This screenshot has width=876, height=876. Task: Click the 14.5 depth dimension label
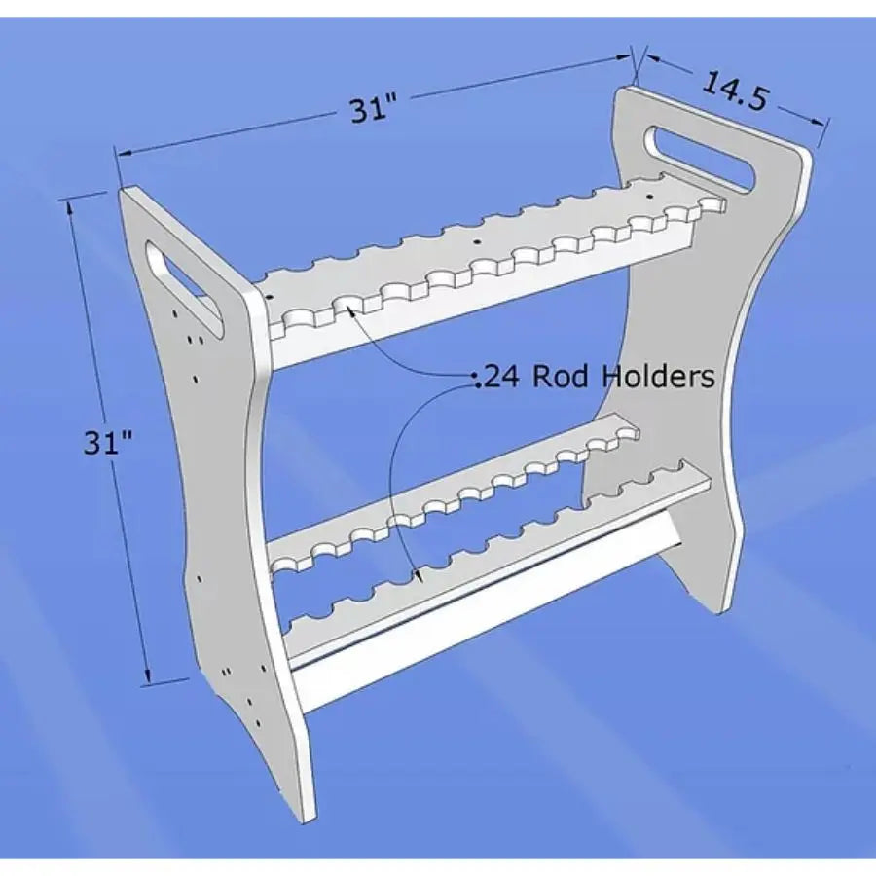[734, 91]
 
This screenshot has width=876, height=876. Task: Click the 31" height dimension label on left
[108, 443]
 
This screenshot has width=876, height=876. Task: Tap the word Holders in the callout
[658, 376]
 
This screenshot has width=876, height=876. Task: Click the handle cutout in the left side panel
[184, 289]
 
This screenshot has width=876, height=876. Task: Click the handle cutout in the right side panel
[701, 161]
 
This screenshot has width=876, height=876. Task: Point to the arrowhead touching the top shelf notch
[352, 311]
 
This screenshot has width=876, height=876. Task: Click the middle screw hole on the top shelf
[477, 241]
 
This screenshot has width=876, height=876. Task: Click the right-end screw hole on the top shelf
[650, 197]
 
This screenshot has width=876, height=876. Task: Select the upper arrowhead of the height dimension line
[70, 208]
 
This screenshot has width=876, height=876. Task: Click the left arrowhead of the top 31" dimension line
[123, 153]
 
